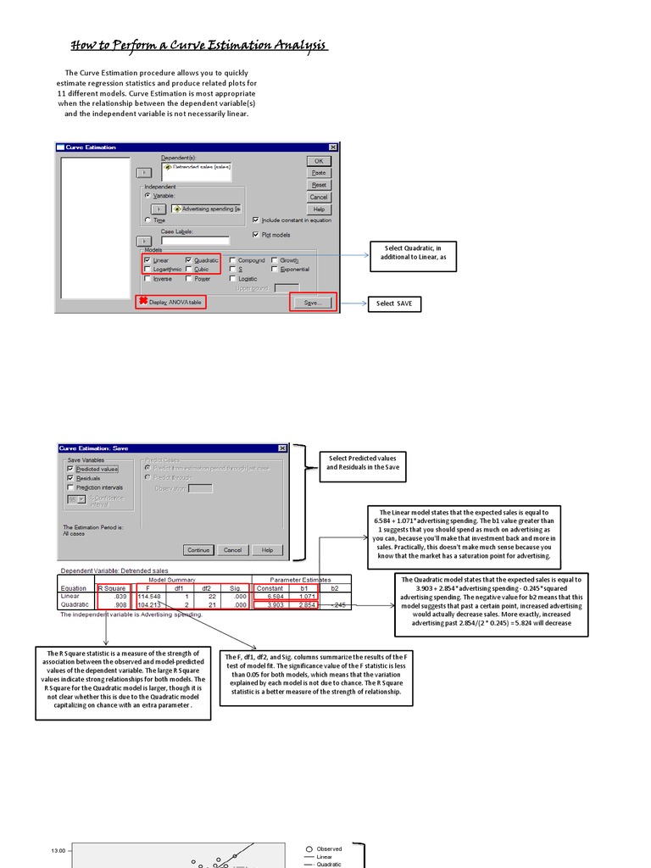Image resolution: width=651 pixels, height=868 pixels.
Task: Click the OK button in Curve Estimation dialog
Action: click(319, 160)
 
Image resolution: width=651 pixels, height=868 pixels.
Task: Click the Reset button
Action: click(319, 185)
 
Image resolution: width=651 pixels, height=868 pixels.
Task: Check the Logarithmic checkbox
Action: click(147, 270)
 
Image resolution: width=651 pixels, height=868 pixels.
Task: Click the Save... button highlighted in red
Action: click(313, 302)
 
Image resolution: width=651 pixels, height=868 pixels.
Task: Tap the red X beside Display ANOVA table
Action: click(143, 301)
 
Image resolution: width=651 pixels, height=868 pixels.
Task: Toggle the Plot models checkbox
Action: click(256, 235)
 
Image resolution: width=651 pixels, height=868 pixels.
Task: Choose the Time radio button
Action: click(147, 220)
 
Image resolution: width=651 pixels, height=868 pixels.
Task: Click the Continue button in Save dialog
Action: click(198, 549)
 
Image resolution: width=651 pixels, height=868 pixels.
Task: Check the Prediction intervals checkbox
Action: click(70, 487)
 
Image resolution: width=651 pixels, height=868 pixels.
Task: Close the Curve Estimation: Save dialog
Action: click(282, 448)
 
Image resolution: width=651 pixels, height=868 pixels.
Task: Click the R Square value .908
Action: click(119, 605)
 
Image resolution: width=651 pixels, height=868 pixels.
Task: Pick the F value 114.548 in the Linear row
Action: click(149, 597)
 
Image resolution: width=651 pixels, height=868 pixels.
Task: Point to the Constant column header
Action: click(270, 587)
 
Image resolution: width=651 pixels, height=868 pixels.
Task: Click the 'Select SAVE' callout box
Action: click(394, 303)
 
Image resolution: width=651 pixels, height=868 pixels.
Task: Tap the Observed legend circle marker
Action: click(309, 849)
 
